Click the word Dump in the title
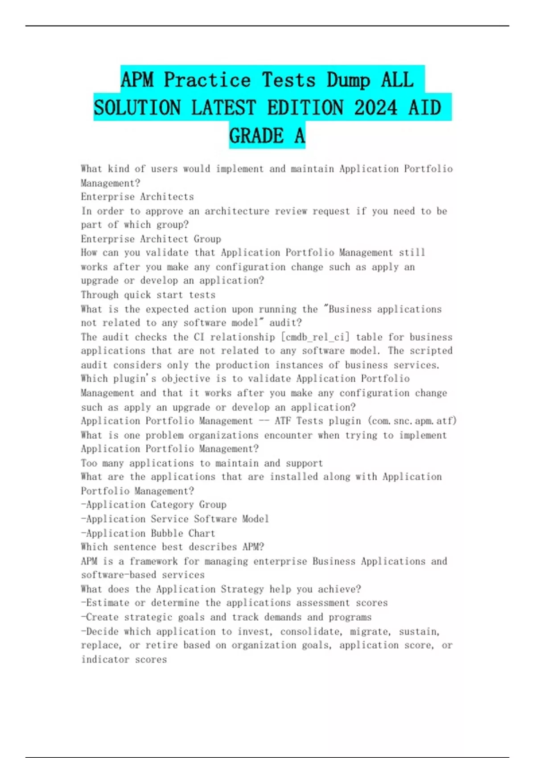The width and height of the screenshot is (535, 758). tap(348, 80)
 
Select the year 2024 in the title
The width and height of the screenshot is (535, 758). tap(375, 108)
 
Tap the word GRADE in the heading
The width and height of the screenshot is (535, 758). tap(256, 136)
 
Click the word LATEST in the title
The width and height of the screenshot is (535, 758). tap(223, 108)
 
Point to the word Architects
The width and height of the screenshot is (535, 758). tap(167, 197)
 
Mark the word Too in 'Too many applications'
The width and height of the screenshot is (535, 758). tap(89, 463)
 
